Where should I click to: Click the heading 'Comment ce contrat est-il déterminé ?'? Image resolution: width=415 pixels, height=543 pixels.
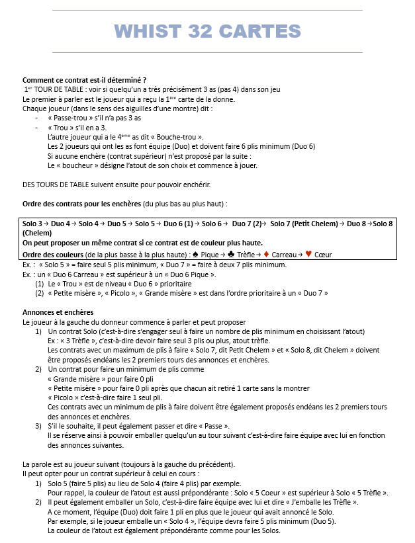[x=84, y=79]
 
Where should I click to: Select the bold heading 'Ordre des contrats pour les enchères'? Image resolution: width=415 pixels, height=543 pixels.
[x=81, y=203]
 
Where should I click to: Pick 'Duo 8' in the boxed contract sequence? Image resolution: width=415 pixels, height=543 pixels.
[x=356, y=224]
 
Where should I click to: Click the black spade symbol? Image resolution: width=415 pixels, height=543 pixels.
[x=195, y=255]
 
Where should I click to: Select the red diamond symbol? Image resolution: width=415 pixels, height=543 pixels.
[x=266, y=255]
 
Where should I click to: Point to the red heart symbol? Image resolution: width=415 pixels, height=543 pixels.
[x=308, y=255]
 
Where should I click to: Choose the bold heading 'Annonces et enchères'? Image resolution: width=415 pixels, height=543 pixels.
[x=58, y=312]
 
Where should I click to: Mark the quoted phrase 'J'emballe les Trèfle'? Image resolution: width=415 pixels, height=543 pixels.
[x=322, y=502]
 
